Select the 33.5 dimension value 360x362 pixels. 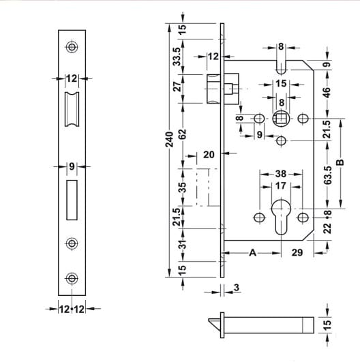tap(178, 57)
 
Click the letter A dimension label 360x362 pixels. tap(252, 252)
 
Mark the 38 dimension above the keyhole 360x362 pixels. tap(280, 174)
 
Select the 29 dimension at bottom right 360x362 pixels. tap(297, 253)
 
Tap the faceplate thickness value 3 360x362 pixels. tap(235, 288)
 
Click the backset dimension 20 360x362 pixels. tap(209, 155)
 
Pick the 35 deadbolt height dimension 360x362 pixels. tap(182, 186)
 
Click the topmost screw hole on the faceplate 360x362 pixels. tap(72, 47)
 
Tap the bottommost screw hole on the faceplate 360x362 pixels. tap(72, 277)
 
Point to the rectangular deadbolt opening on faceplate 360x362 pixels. tap(72, 200)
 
